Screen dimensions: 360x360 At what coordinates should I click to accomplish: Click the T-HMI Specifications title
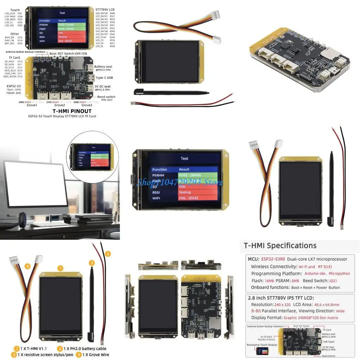[x=280, y=246]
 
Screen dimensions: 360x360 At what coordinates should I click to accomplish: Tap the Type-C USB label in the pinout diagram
[x=104, y=77]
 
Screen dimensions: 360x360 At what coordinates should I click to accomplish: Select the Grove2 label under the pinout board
[x=60, y=105]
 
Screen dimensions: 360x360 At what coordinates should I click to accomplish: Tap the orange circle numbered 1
[x=60, y=268]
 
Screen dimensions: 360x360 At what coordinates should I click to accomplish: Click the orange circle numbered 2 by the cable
[x=108, y=253]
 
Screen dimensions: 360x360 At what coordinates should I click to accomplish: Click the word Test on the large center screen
[x=184, y=159]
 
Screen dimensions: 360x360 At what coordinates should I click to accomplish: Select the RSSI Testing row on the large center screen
[x=184, y=192]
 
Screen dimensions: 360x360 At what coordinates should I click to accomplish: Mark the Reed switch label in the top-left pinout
[x=106, y=97]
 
